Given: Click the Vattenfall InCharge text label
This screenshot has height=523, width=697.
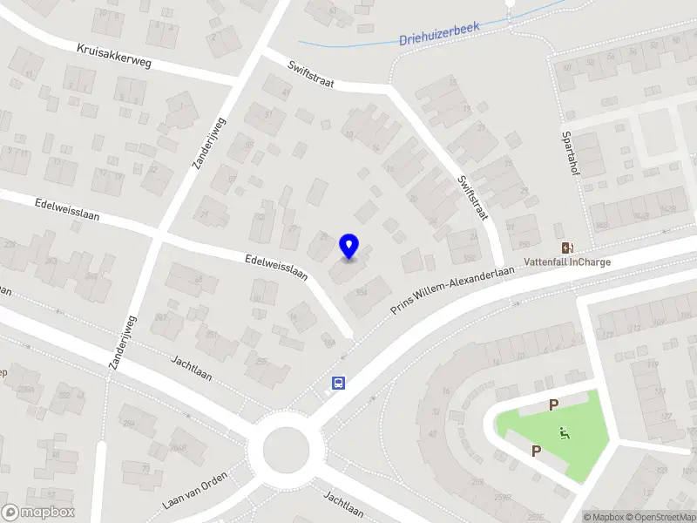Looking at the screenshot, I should click(x=566, y=261).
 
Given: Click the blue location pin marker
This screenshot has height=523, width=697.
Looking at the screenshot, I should click(x=349, y=247).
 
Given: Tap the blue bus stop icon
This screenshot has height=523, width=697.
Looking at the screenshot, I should click(x=338, y=383).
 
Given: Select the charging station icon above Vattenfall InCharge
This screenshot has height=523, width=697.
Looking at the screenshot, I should click(x=567, y=248).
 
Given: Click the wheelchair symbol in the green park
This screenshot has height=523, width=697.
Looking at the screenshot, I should click(x=564, y=431).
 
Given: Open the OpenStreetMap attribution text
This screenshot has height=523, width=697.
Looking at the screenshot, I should click(x=657, y=517).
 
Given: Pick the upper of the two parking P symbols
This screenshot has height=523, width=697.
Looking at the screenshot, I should click(x=552, y=404).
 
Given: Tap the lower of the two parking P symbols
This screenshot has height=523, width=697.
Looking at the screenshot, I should click(x=536, y=451).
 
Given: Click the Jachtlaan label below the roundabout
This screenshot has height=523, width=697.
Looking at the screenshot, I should click(x=342, y=504).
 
